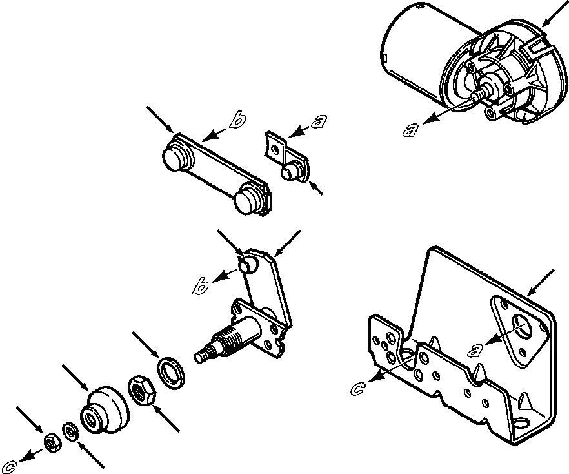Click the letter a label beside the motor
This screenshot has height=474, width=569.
coord(410,130)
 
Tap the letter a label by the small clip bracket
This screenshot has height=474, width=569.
coord(318,121)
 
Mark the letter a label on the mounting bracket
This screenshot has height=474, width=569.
coord(476,351)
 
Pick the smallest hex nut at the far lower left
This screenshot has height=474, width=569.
coord(50,440)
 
